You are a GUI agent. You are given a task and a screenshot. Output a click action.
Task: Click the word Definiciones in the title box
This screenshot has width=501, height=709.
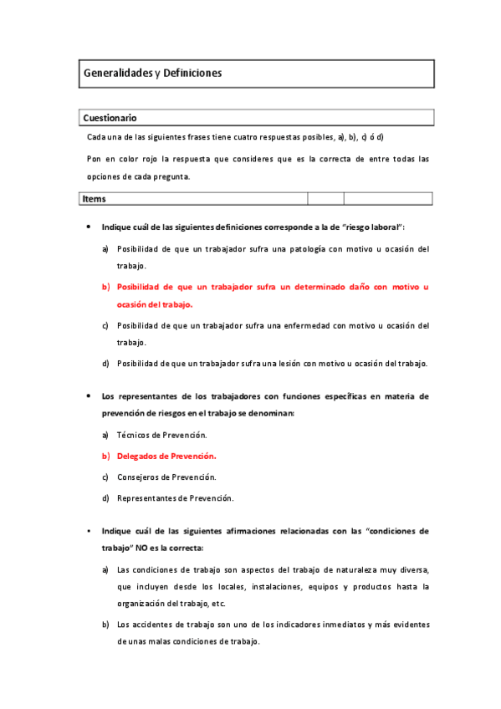click(193, 74)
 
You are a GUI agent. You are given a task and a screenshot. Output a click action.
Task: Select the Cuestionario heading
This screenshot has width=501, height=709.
click(110, 118)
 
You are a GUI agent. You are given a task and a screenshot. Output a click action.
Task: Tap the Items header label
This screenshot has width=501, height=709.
click(95, 199)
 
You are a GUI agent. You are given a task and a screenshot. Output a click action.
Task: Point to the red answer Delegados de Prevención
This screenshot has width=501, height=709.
click(166, 457)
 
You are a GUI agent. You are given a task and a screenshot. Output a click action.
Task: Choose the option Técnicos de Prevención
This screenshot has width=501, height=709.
click(161, 436)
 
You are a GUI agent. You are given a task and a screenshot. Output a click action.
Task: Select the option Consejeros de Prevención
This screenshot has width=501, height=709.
click(166, 477)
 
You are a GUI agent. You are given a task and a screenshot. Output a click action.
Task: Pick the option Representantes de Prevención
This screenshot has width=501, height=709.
click(175, 498)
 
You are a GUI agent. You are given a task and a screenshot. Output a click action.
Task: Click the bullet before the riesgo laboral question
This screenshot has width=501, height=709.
click(89, 227)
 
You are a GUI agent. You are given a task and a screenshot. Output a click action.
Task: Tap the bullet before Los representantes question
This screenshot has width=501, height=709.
click(89, 395)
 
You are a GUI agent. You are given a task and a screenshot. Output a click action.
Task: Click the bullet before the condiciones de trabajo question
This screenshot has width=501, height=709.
click(89, 531)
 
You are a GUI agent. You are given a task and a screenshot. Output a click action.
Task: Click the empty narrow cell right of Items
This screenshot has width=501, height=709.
click(325, 199)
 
